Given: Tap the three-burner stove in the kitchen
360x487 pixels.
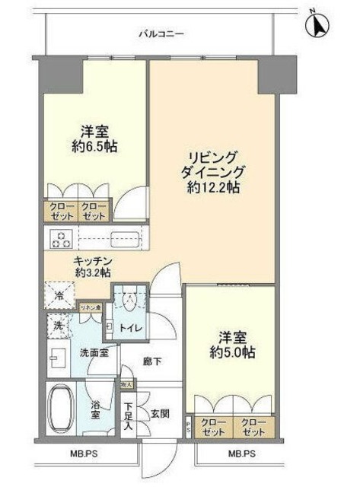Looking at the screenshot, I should pos(60,240).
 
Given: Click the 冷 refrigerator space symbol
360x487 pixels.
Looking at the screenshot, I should pos(59,295).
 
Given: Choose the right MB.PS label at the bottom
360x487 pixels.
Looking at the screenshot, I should pos(241,455).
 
